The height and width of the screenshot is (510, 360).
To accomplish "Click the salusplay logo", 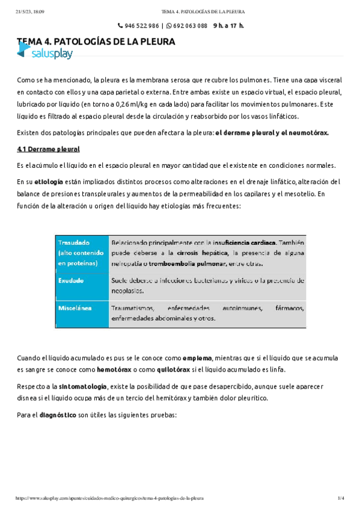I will click(x=46, y=54).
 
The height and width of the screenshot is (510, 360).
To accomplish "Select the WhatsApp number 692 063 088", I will click(x=187, y=26).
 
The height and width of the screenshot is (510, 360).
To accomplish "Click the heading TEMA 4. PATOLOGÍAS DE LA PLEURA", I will click(x=96, y=42).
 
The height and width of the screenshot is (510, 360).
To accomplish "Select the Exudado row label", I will click(x=72, y=280).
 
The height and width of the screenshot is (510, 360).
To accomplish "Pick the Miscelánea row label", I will click(x=75, y=308).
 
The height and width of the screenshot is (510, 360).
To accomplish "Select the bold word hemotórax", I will click(x=97, y=369).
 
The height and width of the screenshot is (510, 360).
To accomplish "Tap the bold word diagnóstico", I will click(x=58, y=414).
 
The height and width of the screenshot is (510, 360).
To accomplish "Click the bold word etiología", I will click(x=50, y=182).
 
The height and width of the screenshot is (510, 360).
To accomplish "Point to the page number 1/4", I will click(x=340, y=499).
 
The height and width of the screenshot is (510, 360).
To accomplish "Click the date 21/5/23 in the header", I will click(x=23, y=11).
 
